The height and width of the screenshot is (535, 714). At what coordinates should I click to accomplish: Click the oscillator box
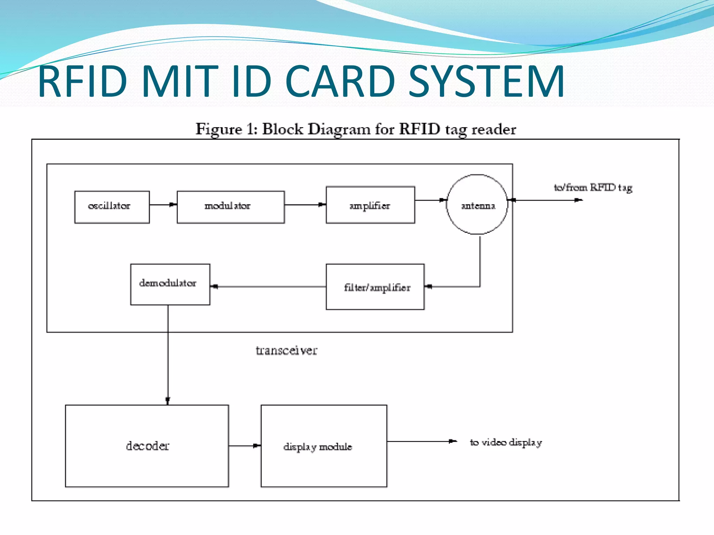(x=112, y=207)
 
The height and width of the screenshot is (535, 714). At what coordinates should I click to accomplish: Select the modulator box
(x=230, y=207)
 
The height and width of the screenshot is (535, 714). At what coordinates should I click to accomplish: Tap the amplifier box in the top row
(x=370, y=205)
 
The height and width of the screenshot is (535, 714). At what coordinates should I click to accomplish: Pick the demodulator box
(x=170, y=284)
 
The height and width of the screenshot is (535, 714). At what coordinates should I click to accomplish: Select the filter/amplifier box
(x=375, y=287)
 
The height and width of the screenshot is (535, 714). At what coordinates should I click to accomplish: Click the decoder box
(x=147, y=446)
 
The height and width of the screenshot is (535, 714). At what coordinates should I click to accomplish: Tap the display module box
(x=324, y=446)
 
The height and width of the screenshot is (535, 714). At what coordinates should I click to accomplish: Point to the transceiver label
(x=287, y=350)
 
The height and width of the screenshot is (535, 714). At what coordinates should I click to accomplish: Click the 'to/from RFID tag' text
(x=593, y=188)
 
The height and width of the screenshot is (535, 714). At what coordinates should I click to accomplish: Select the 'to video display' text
(x=506, y=442)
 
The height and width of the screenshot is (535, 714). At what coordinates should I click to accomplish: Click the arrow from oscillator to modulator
(x=163, y=205)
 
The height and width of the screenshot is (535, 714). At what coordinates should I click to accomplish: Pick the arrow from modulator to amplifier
(x=305, y=205)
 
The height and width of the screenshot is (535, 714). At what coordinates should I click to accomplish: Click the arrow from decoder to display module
(x=244, y=445)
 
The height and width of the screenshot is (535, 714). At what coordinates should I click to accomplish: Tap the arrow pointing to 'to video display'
(x=422, y=441)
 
